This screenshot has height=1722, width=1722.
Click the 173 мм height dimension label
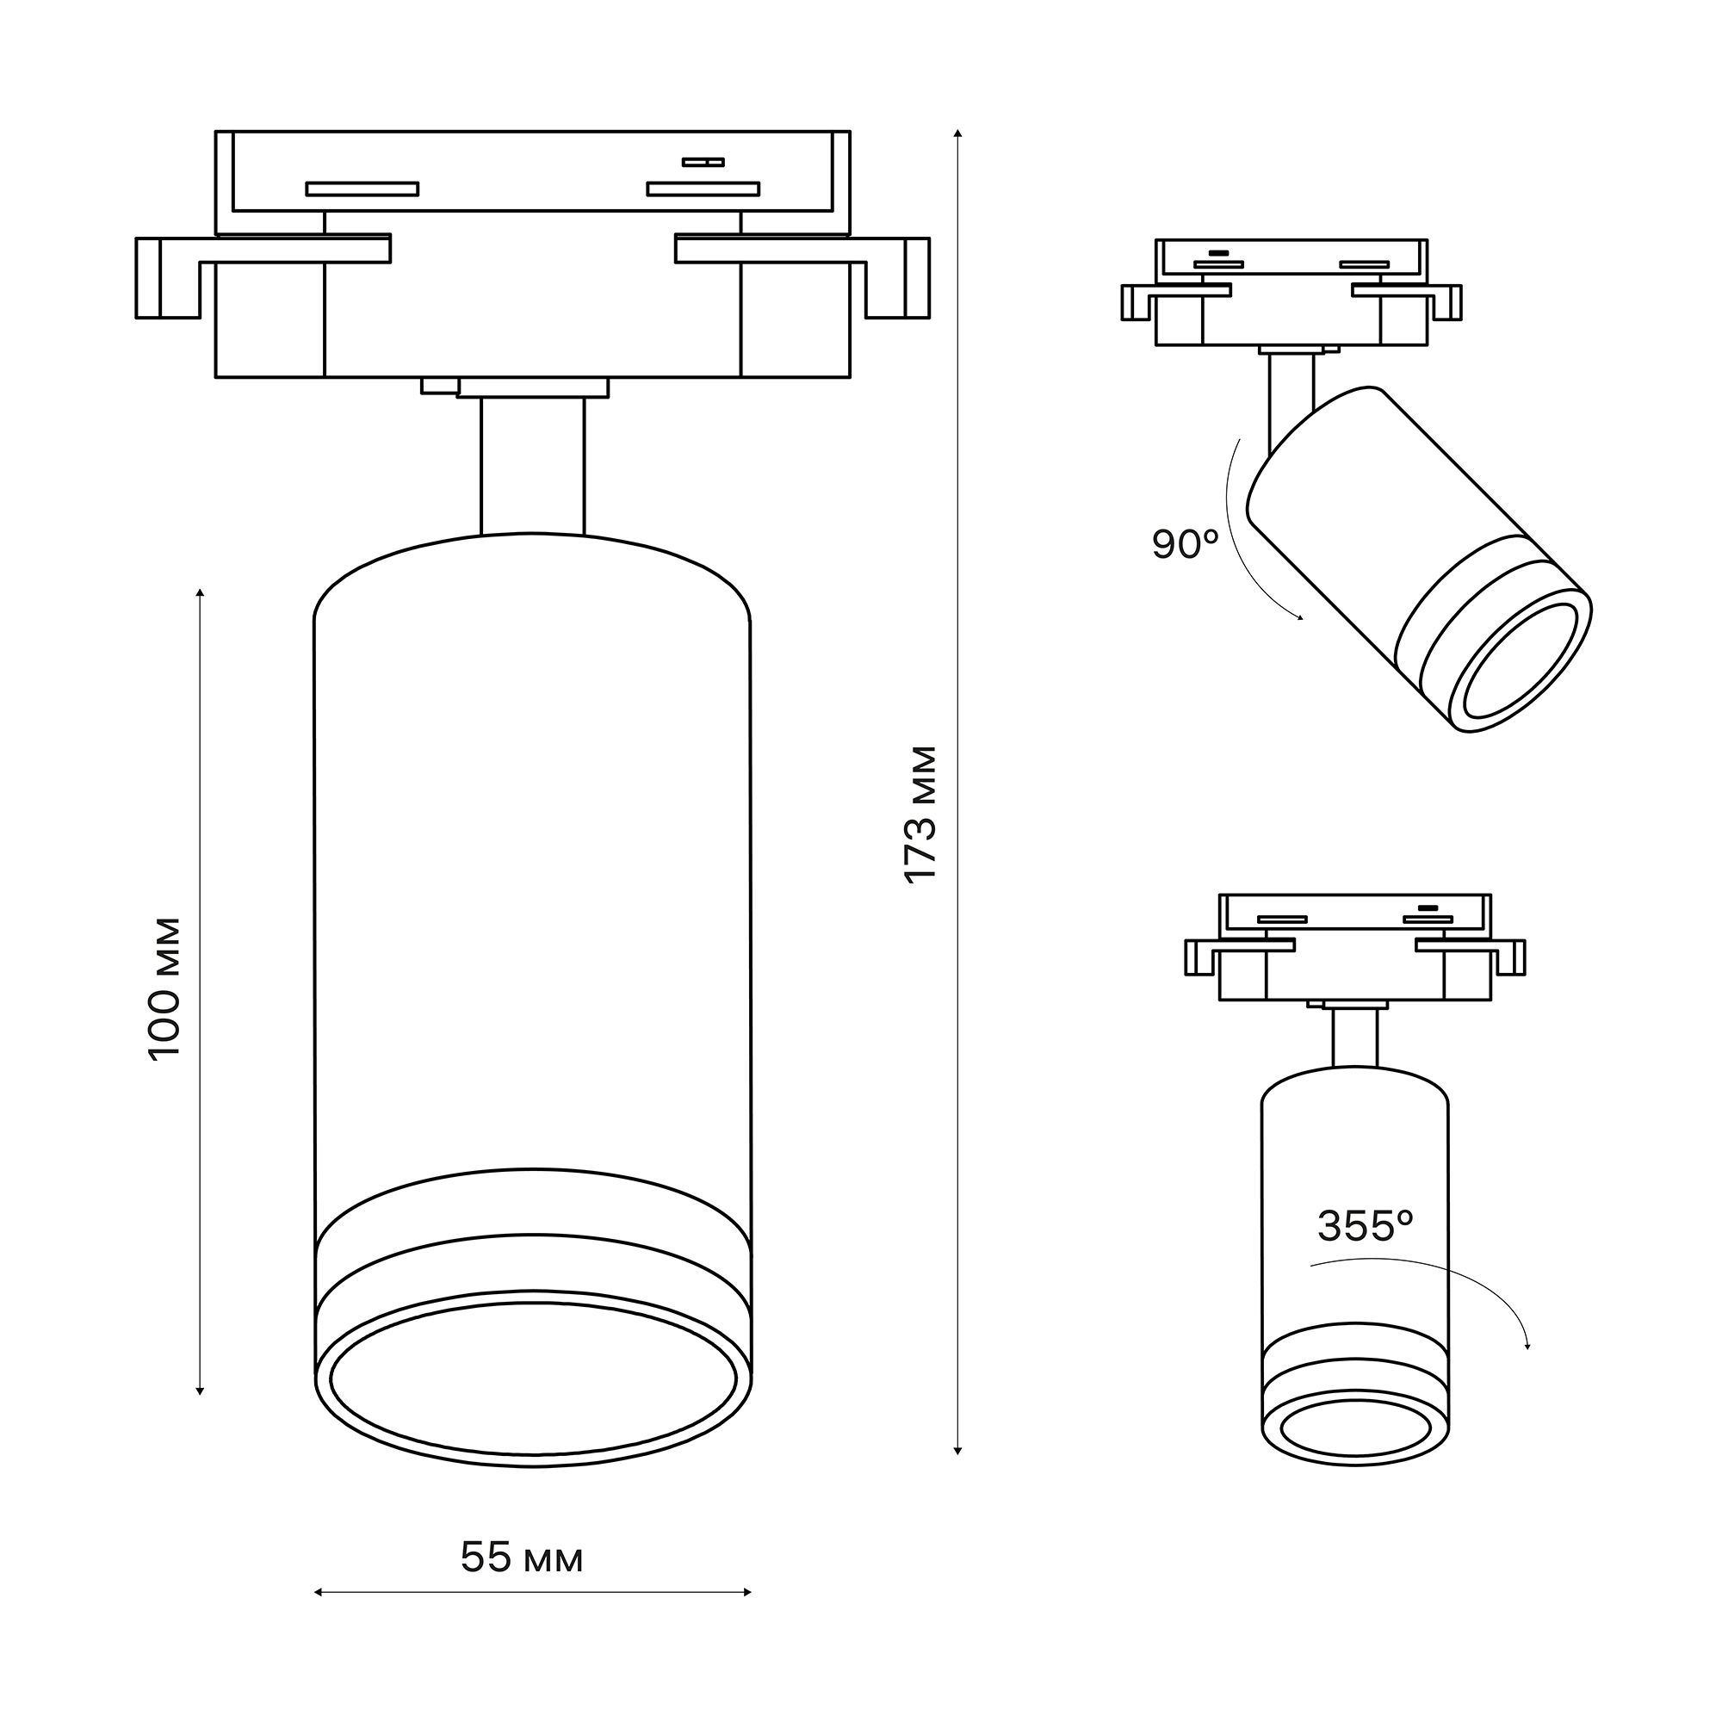(920, 815)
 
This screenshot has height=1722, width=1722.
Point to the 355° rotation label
(1366, 1226)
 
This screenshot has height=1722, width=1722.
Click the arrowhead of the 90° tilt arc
(1300, 616)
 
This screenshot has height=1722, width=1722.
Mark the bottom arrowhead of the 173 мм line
(958, 1452)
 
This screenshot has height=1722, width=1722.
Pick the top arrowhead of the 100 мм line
(200, 592)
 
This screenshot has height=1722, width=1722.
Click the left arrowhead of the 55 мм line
(318, 1618)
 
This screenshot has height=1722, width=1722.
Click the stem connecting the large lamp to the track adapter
(533, 465)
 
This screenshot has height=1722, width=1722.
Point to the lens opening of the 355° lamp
(1356, 1441)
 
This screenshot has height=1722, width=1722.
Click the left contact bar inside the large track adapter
(362, 189)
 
